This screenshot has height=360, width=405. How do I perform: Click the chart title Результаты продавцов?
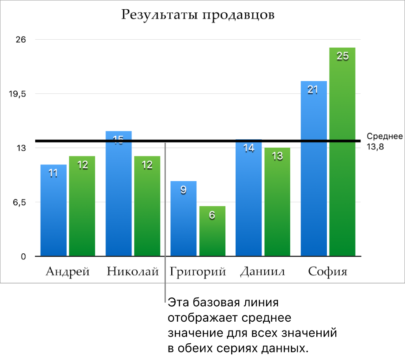(198, 15)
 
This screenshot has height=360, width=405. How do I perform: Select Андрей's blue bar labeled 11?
(53, 212)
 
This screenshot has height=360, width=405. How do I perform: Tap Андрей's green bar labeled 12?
(82, 207)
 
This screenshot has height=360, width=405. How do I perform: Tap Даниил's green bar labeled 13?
(277, 203)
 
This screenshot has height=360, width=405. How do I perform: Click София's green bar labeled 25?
(342, 154)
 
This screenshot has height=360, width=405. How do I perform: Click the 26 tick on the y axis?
(21, 40)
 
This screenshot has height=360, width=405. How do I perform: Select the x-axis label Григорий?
(198, 271)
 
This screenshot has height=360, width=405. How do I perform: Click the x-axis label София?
(328, 271)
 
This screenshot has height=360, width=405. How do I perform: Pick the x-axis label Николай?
(133, 271)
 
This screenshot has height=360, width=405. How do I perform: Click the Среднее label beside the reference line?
(384, 137)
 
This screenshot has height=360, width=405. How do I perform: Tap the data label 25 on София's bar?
(342, 56)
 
